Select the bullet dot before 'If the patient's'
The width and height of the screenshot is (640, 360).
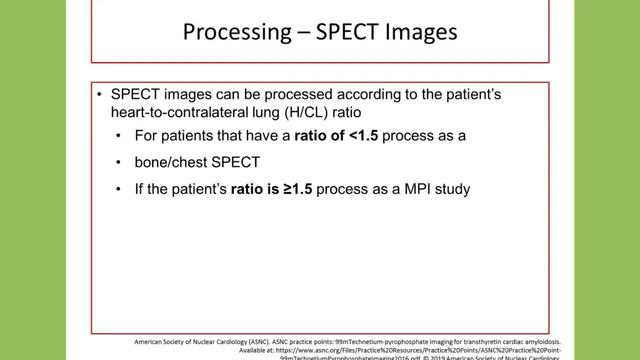pos(121,187)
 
